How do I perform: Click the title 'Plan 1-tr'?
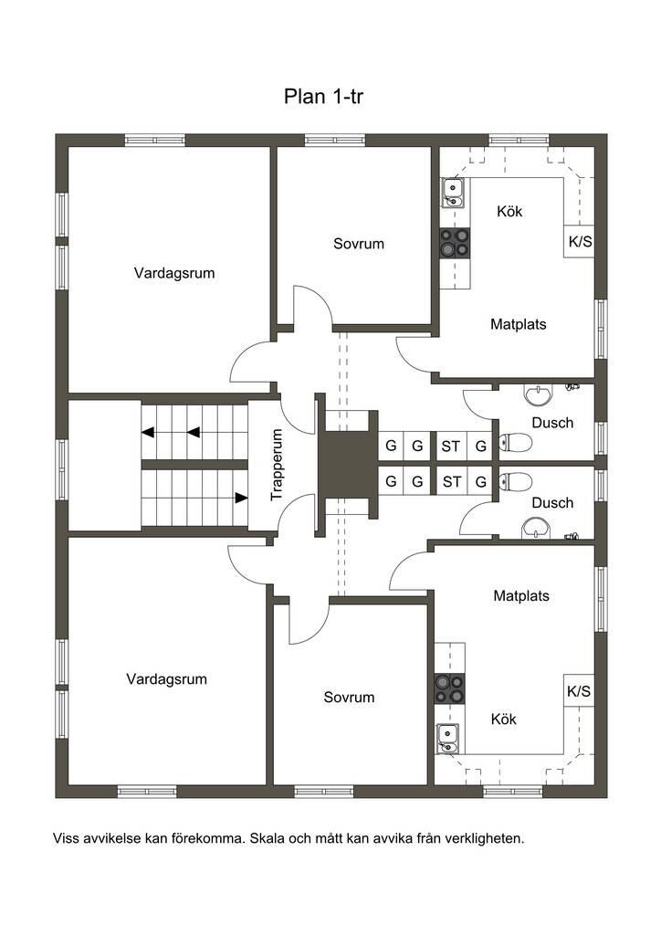tap(323, 96)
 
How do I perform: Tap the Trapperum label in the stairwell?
tap(276, 465)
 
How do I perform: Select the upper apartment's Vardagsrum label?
tap(174, 273)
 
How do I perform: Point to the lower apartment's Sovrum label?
tap(349, 697)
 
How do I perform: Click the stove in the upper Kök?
tap(455, 243)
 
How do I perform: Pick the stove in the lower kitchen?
tap(449, 688)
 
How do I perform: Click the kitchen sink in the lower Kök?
tap(447, 739)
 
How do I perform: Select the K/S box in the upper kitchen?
tap(580, 241)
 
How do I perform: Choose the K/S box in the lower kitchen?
tap(579, 691)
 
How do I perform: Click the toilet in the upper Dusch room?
tap(515, 443)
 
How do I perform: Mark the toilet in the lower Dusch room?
tap(515, 481)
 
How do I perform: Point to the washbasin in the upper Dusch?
tap(539, 394)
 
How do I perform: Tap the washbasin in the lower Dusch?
tap(537, 529)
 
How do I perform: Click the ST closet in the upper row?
tap(451, 446)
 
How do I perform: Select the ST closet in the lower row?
tap(451, 482)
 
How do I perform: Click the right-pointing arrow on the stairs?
tap(241, 498)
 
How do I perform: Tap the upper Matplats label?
tap(518, 324)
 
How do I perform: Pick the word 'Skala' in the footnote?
tap(268, 838)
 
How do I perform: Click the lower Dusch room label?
tap(552, 503)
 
